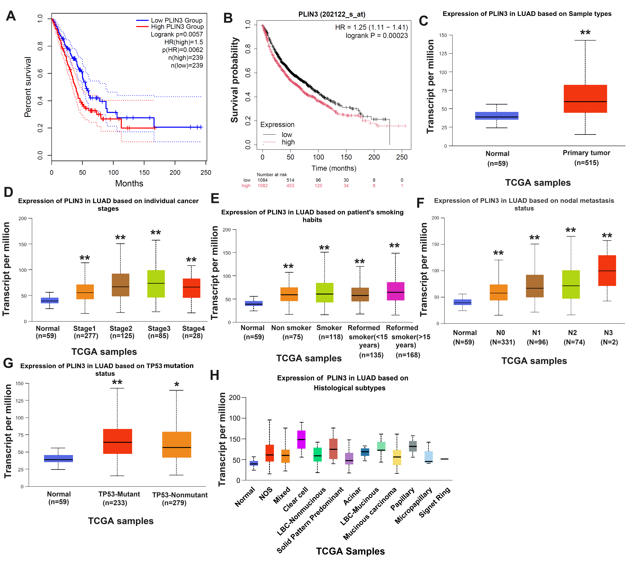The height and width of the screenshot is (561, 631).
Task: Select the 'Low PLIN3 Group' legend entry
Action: click(176, 20)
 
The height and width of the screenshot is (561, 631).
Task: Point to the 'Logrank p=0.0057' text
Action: click(177, 34)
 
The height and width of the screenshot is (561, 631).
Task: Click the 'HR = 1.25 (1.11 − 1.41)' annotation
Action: click(371, 28)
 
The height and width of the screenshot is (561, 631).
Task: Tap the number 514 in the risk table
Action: click(290, 180)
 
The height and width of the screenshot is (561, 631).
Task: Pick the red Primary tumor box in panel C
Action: click(585, 99)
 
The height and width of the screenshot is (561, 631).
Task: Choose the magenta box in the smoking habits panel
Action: click(395, 291)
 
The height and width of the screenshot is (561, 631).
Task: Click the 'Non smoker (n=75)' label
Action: click(291, 332)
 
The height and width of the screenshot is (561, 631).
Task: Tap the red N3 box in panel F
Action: click(607, 270)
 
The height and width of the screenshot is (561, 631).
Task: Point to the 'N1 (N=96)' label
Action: click(537, 337)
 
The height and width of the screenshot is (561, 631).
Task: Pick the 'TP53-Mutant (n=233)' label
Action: click(119, 498)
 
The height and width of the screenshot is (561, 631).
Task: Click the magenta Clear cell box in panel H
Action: click(301, 439)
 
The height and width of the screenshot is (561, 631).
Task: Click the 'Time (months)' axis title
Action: click(334, 168)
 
